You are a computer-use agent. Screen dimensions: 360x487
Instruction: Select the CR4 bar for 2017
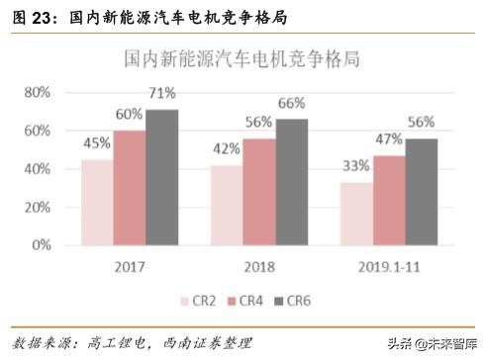129,188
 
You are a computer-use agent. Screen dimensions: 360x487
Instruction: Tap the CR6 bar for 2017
161,178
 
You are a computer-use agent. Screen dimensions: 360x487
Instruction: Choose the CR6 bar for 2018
292,183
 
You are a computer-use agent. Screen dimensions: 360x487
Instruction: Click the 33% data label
356,167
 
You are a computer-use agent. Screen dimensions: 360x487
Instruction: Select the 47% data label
389,140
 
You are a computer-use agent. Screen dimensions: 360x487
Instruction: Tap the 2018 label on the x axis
259,264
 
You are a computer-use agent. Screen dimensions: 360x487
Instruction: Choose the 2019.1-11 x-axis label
389,264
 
